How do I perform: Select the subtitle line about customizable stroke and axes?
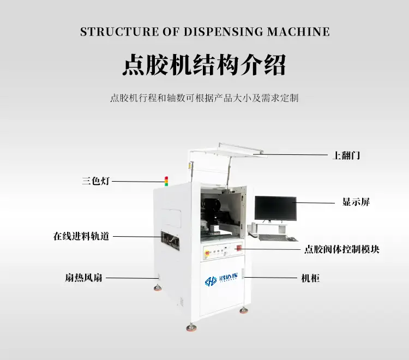(x=204, y=99)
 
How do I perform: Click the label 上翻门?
(x=346, y=155)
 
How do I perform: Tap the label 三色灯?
(x=96, y=181)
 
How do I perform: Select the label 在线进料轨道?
(x=81, y=236)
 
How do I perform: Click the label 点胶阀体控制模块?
(x=341, y=249)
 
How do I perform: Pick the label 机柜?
(x=310, y=278)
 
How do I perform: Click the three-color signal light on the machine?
(x=167, y=180)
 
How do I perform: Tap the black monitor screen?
(x=275, y=208)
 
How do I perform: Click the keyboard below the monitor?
(x=272, y=238)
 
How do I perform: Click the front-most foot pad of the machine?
(x=191, y=327)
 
